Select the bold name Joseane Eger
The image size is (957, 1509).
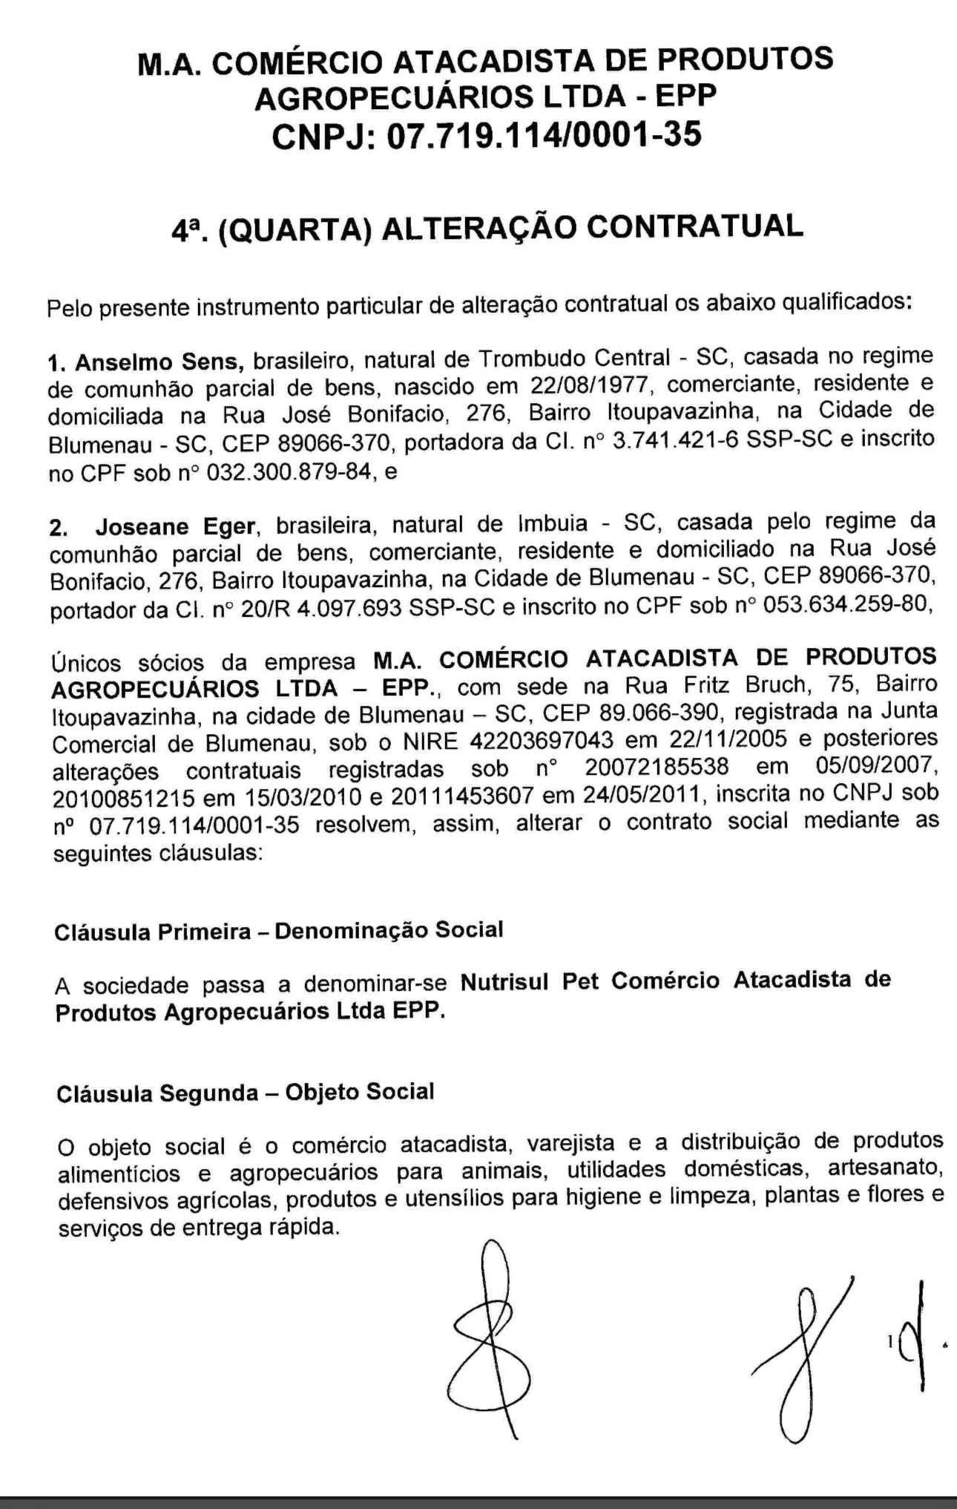point(175,528)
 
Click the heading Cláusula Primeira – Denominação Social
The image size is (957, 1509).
point(279,931)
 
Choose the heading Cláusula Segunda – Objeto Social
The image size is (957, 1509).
point(245,1093)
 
